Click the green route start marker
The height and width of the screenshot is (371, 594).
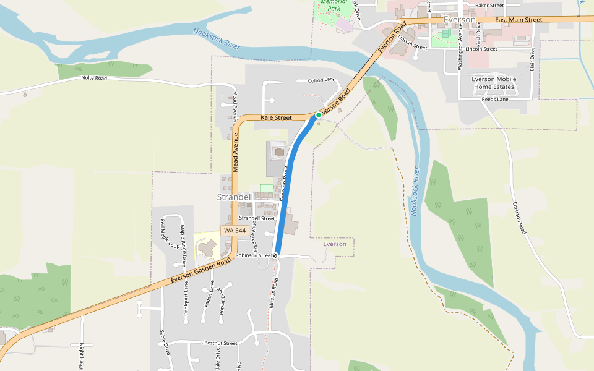[x=319, y=115]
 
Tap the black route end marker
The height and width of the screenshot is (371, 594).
[x=275, y=255]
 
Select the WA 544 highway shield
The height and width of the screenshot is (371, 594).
[x=235, y=231]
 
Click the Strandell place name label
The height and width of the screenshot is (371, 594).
[x=235, y=197]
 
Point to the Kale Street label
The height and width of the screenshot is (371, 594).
[x=276, y=117]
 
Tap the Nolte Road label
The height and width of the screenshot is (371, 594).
[x=94, y=78]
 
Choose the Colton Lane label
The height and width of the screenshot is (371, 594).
[x=321, y=80]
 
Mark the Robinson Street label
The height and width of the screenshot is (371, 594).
[x=253, y=255]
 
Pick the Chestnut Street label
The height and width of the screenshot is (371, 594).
[x=219, y=343]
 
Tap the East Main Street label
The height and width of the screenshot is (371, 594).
[x=519, y=20]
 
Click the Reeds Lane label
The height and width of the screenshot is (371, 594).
[x=495, y=99]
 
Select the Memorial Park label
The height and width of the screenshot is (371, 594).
[x=334, y=6]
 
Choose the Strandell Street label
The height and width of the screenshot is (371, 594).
[x=257, y=218]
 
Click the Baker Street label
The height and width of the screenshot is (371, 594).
[x=489, y=5]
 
